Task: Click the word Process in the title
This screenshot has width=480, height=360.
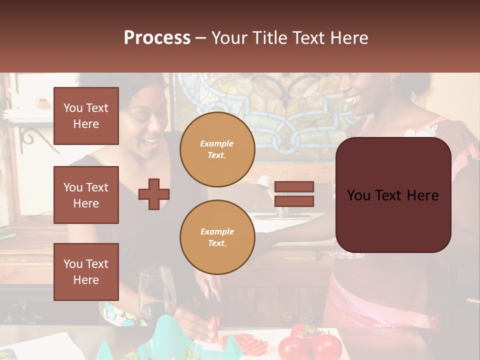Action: coord(157,37)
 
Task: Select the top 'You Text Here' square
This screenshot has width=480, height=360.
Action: coord(86,116)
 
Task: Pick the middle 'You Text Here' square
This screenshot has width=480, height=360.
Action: coord(86,195)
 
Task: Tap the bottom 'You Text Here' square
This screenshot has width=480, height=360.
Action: coord(86,271)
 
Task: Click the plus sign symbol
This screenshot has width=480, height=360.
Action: coord(154,194)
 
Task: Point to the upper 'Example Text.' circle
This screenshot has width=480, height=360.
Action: coord(217,149)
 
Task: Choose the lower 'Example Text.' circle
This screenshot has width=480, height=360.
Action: coord(217,237)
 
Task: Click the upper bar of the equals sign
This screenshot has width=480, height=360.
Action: coord(294,187)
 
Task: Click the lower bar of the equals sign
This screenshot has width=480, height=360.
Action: coord(294,201)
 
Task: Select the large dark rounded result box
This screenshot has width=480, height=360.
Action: coord(393,195)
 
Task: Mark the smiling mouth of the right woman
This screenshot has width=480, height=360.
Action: coord(352,98)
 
